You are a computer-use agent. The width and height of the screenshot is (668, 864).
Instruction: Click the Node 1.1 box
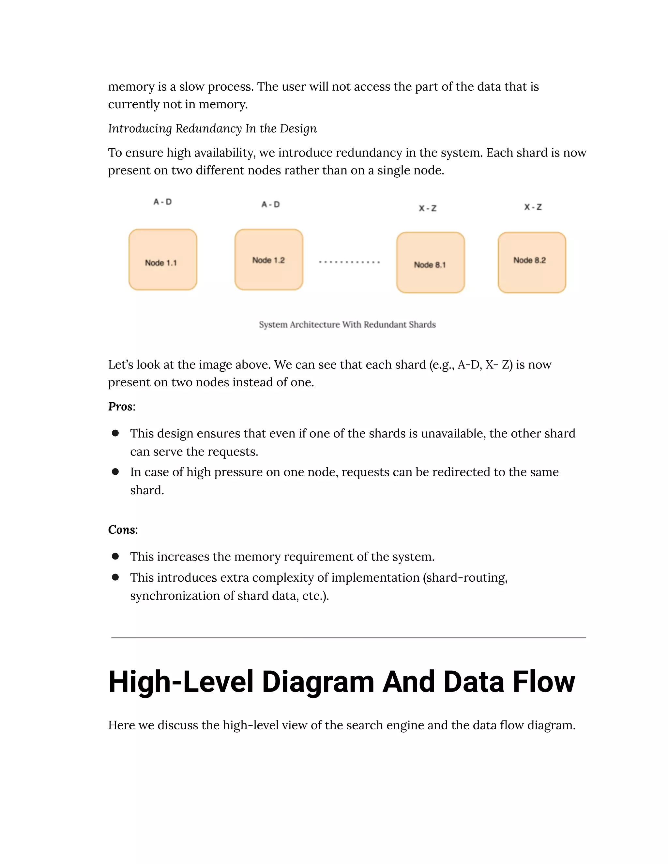[163, 260]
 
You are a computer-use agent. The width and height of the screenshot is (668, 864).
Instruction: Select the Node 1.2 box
[269, 260]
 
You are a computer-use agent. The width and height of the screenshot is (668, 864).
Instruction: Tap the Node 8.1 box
[430, 263]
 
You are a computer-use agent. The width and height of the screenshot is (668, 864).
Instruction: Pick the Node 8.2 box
[531, 263]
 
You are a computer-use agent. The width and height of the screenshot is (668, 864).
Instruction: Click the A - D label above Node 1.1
[163, 202]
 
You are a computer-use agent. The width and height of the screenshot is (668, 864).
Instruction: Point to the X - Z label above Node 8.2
[533, 207]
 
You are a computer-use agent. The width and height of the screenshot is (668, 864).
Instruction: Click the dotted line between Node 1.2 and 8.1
[349, 262]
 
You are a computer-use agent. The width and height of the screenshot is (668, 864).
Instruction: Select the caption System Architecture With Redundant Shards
[347, 324]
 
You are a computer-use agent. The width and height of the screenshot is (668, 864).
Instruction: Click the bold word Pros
[120, 407]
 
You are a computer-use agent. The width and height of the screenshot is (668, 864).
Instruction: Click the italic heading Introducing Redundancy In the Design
[212, 128]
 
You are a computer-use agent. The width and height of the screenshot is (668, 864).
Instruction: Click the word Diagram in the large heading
[318, 682]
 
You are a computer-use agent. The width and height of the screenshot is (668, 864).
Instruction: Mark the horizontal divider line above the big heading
[348, 638]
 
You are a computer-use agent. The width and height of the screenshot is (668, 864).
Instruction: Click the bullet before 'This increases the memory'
[115, 556]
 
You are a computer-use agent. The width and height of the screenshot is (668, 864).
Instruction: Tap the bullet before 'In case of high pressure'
[115, 471]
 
